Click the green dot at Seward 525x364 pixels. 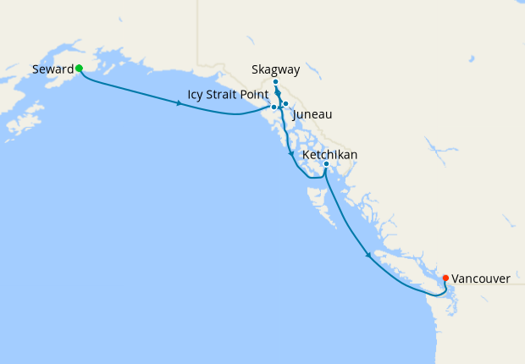click(x=79, y=68)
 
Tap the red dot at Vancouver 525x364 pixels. click(x=445, y=277)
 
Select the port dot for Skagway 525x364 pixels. click(x=276, y=82)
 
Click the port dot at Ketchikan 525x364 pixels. click(x=326, y=164)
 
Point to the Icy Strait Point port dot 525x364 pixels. click(x=274, y=108)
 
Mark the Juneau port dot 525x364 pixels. click(x=286, y=104)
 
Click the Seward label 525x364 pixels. click(x=52, y=69)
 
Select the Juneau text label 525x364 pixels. click(x=312, y=113)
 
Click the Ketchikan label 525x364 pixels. click(x=329, y=155)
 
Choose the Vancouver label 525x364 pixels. click(x=480, y=278)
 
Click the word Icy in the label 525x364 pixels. click(x=196, y=94)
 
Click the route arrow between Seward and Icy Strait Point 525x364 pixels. click(x=179, y=103)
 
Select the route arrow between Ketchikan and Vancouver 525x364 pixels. click(x=367, y=254)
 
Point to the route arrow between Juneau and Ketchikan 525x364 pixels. click(x=291, y=155)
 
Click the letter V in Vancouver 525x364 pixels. click(x=456, y=278)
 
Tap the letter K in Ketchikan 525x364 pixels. click(x=306, y=155)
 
